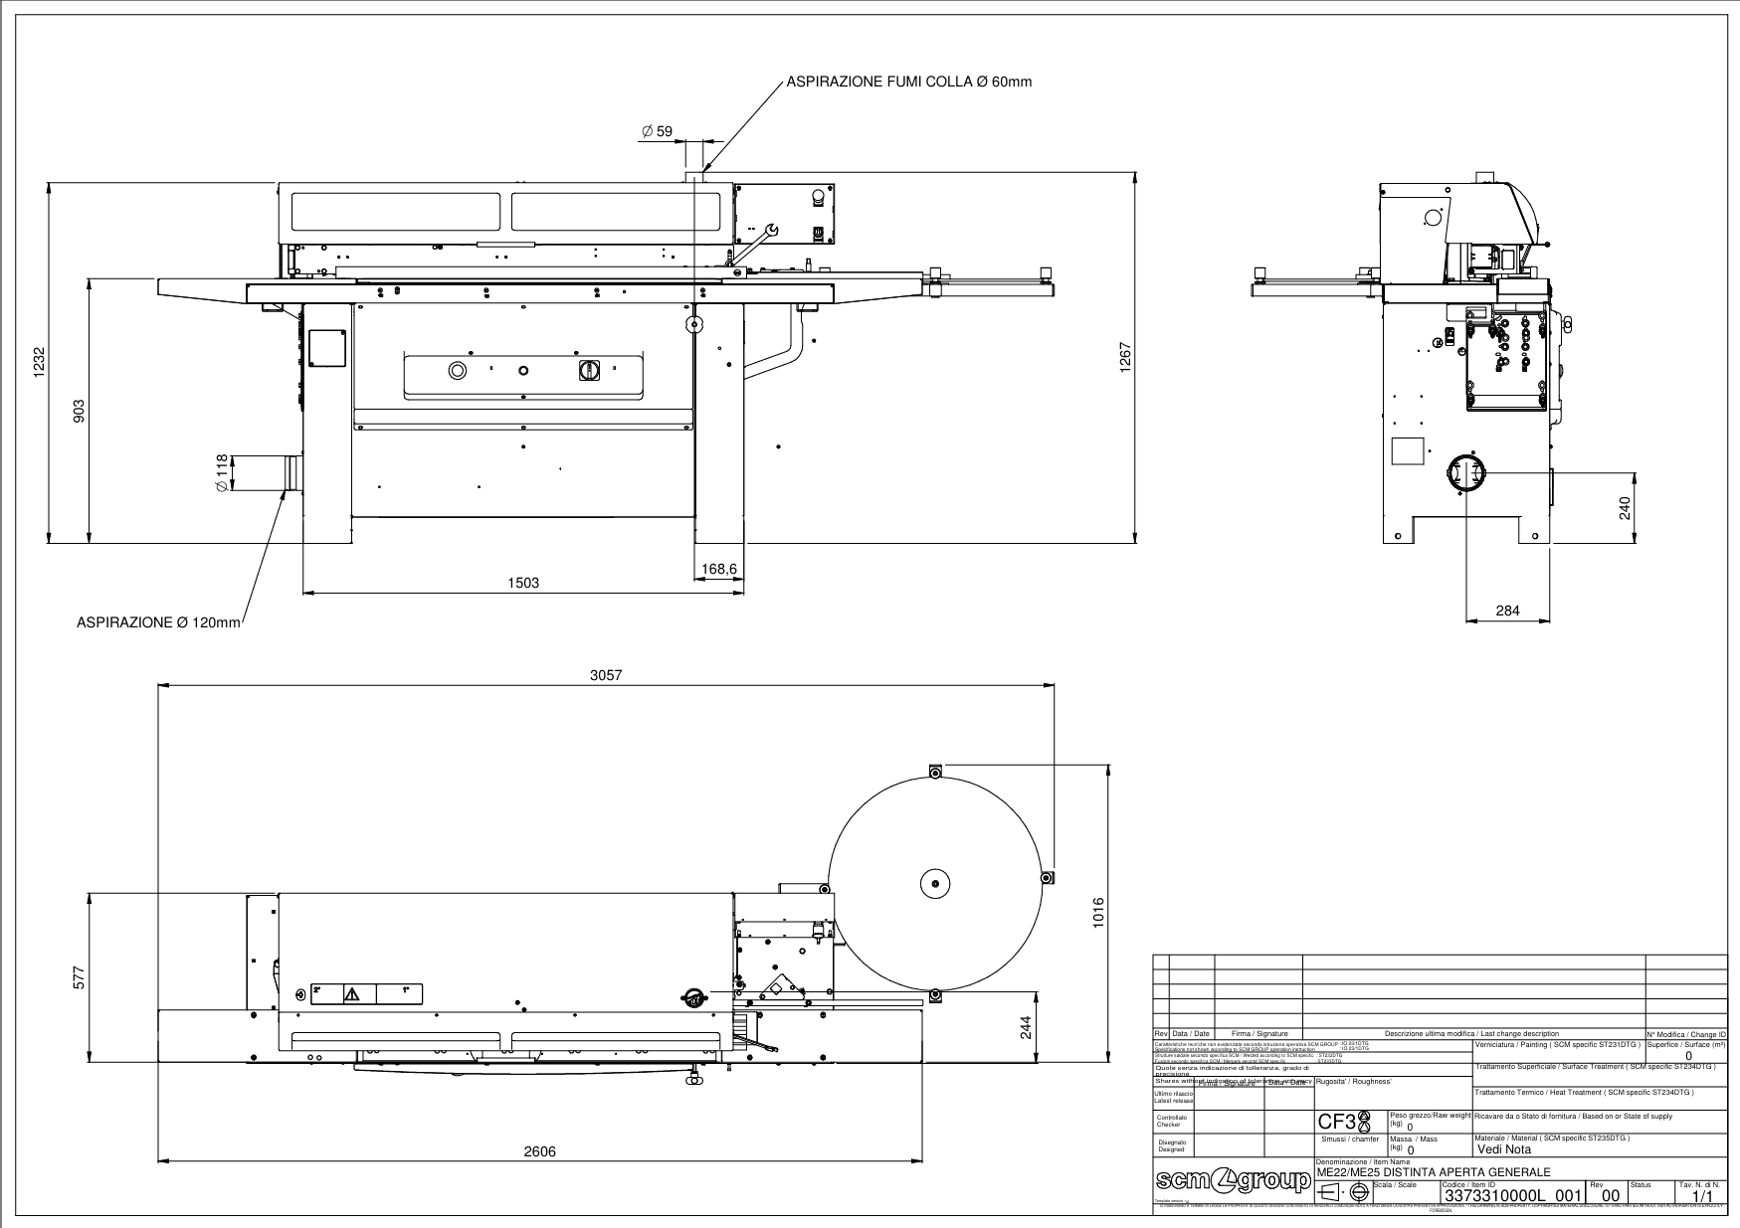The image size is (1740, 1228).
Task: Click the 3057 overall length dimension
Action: tap(606, 675)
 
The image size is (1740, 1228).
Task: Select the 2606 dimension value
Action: tap(540, 1151)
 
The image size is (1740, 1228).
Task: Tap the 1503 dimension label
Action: tap(523, 583)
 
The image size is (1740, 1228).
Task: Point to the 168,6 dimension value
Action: tap(718, 569)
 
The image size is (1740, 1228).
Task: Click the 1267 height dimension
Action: tap(1126, 358)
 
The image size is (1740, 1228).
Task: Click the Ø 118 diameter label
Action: tap(221, 472)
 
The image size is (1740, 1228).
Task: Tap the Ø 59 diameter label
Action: tap(657, 131)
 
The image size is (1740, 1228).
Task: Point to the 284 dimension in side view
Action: tap(1508, 611)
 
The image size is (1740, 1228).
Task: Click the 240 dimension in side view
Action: tap(1625, 508)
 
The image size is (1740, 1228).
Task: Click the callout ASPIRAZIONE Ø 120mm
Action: tap(159, 622)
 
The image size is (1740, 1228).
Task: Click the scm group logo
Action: tap(1232, 1181)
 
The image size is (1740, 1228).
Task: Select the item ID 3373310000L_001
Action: tap(1512, 1194)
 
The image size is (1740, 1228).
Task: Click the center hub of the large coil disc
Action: tap(936, 881)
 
